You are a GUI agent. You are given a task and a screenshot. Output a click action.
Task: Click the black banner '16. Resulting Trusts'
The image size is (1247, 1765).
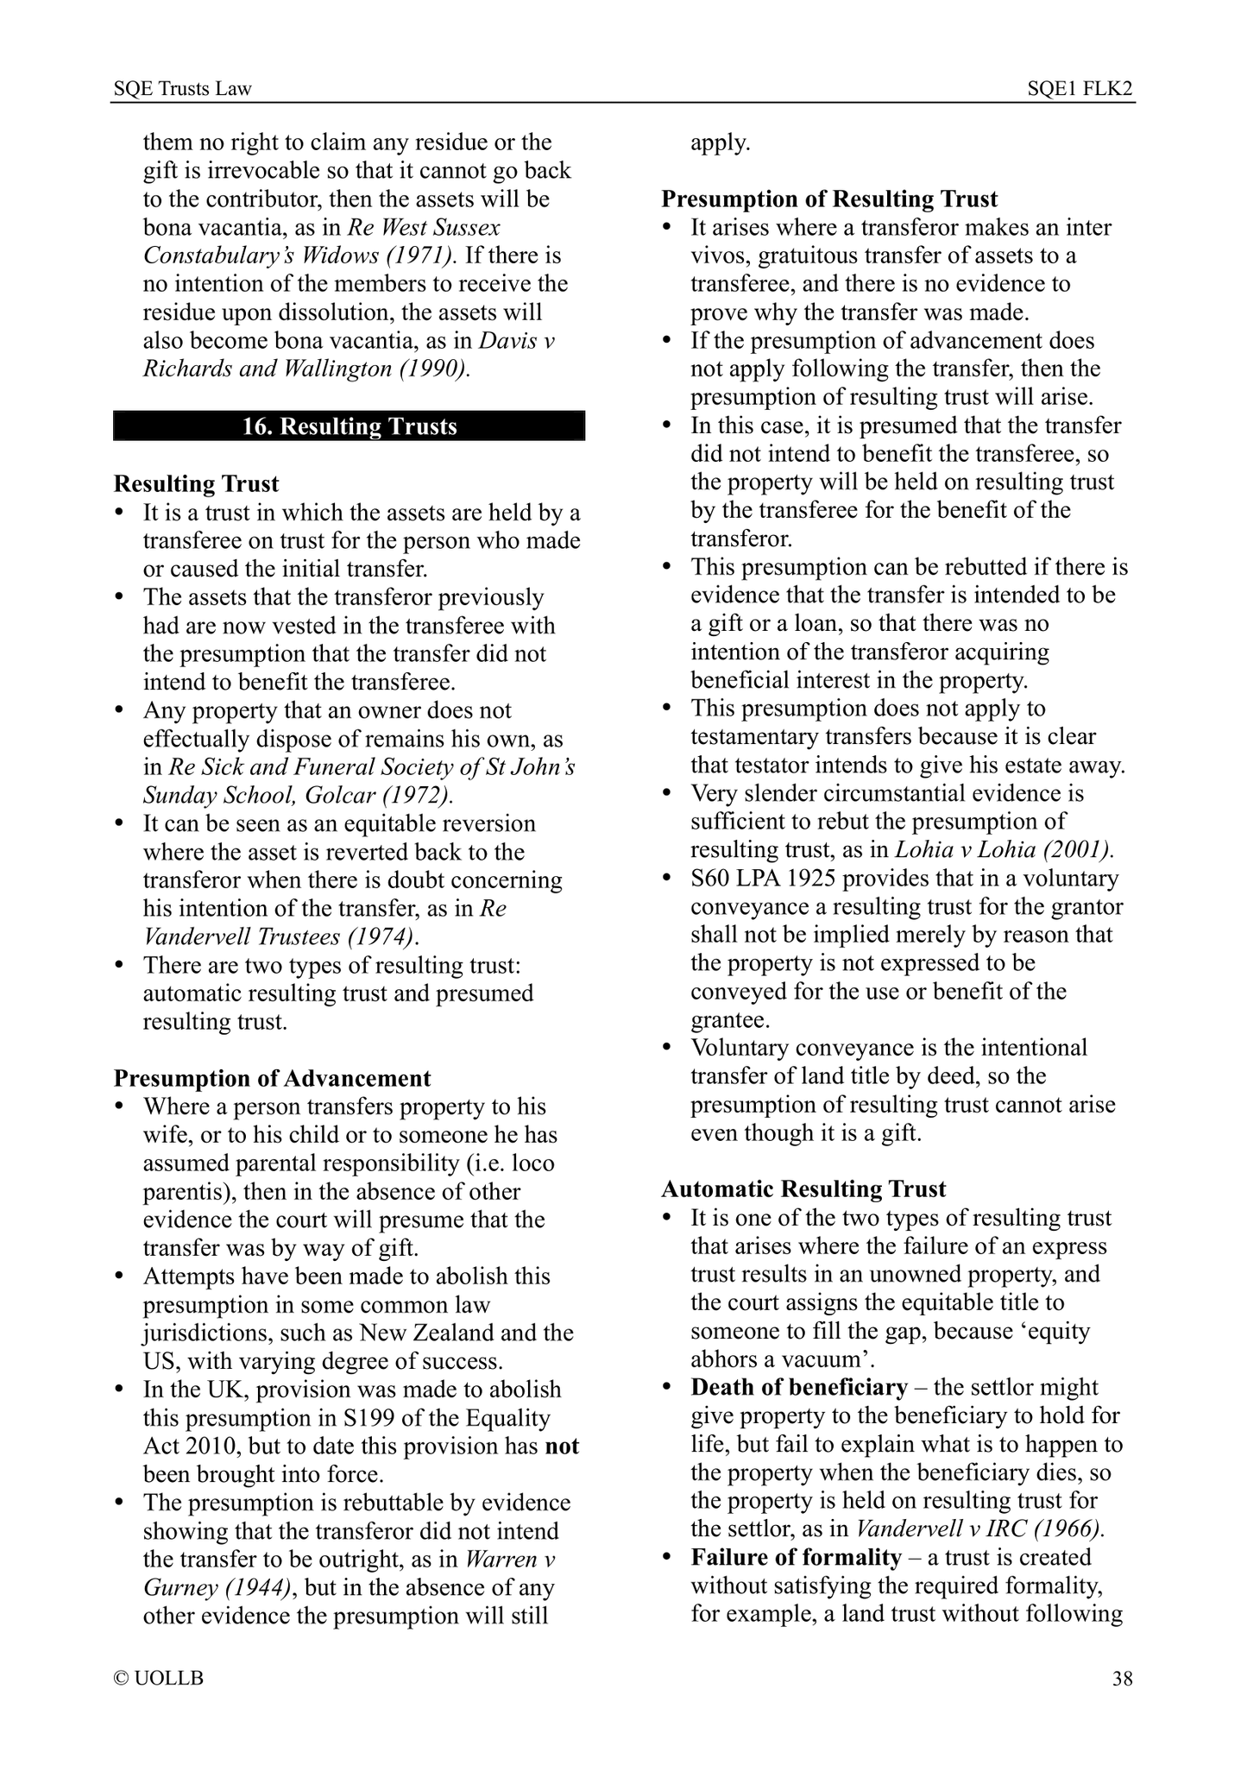(349, 426)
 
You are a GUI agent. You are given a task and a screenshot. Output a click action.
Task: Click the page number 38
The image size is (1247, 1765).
(1122, 1679)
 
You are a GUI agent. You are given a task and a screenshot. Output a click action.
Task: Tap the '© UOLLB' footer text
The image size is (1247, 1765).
(159, 1679)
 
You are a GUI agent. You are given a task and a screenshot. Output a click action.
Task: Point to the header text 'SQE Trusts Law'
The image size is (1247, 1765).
(183, 89)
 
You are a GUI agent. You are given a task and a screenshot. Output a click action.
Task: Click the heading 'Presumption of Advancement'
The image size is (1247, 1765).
(272, 1078)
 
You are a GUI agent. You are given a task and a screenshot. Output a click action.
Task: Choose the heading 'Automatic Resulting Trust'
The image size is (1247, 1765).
(803, 1188)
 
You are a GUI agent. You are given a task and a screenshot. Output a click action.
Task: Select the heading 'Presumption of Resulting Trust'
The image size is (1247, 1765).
(829, 199)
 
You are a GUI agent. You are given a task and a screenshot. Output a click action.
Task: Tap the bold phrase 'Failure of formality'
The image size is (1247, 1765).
(796, 1557)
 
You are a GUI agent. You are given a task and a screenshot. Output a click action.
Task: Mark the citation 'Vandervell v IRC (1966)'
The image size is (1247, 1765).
(980, 1529)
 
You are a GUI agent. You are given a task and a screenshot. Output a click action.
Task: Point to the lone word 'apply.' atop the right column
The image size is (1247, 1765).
(720, 142)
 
